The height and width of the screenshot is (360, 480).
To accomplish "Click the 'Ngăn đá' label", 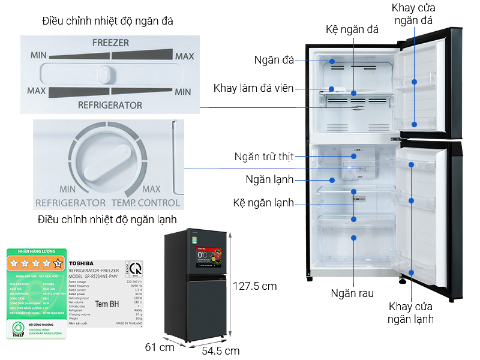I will [x=274, y=60].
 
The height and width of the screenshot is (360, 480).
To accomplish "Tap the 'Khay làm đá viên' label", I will [x=253, y=89].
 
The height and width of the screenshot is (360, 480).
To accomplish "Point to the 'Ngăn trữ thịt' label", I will [x=264, y=157].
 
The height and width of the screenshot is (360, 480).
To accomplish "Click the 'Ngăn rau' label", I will [x=352, y=293].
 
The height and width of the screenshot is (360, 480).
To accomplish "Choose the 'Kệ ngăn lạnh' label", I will [x=263, y=203].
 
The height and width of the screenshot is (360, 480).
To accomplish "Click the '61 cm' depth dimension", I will [x=160, y=346].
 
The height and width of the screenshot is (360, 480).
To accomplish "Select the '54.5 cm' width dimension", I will [x=220, y=350].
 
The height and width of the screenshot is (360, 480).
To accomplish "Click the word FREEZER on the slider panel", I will [x=110, y=43].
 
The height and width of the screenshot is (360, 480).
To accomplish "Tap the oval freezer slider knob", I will [x=106, y=74].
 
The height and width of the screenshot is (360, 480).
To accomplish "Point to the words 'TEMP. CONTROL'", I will [x=145, y=203].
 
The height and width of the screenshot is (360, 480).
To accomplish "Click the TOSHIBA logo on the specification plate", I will [x=82, y=263].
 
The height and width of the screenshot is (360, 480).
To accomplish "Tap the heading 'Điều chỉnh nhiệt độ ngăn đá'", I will [x=108, y=21].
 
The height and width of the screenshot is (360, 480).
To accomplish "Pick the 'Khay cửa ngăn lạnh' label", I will [x=411, y=313].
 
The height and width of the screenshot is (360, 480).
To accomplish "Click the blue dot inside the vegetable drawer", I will [x=354, y=237].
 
